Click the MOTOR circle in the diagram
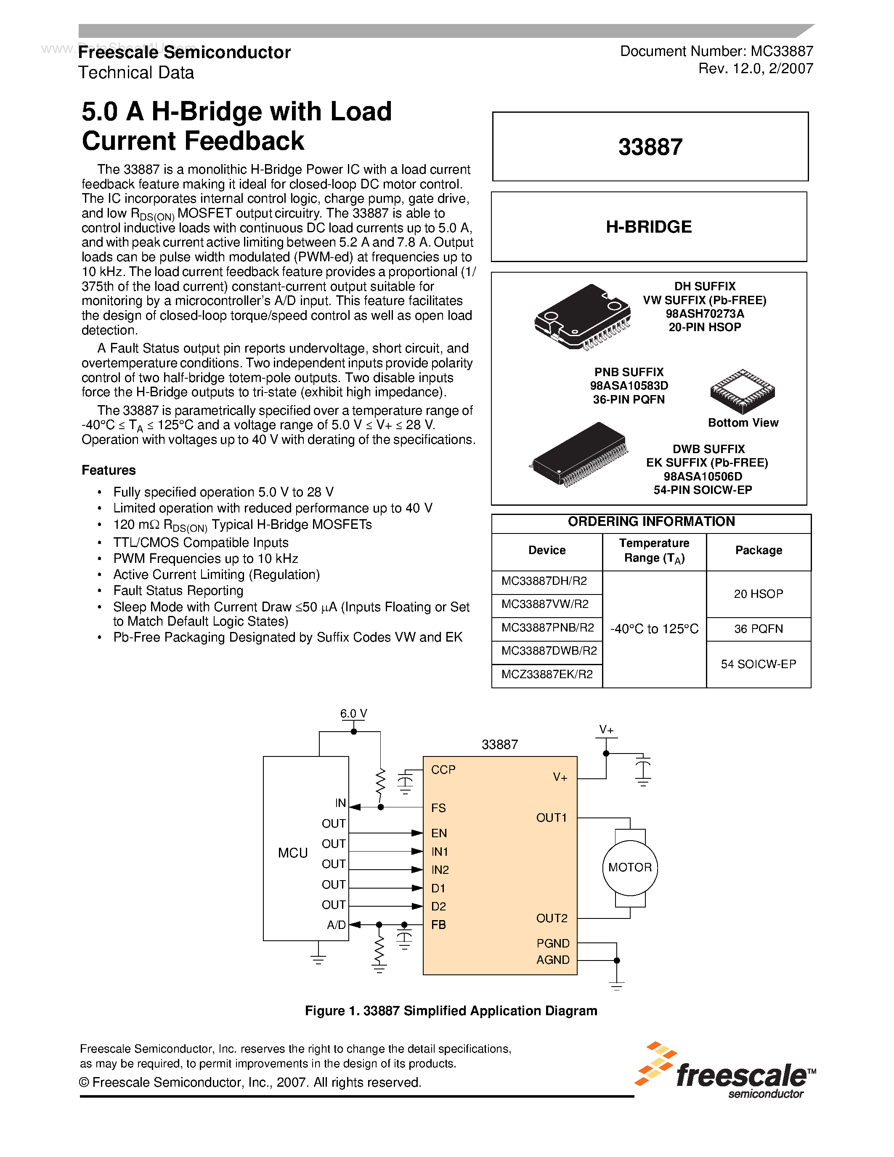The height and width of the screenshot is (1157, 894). pyautogui.click(x=630, y=867)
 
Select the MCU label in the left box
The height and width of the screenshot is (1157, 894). pyautogui.click(x=293, y=853)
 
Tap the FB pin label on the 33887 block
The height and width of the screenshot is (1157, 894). pyautogui.click(x=438, y=924)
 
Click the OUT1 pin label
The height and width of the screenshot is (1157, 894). pyautogui.click(x=552, y=817)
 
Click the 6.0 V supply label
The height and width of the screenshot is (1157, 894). pyautogui.click(x=353, y=714)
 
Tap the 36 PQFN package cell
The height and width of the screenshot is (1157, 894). pyautogui.click(x=759, y=629)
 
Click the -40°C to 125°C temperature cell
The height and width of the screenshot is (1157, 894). pyautogui.click(x=654, y=629)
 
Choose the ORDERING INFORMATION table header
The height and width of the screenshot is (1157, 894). pyautogui.click(x=651, y=522)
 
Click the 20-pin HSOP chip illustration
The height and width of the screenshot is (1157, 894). pyautogui.click(x=583, y=317)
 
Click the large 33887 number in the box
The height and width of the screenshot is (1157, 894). pyautogui.click(x=650, y=147)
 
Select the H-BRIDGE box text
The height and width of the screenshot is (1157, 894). pyautogui.click(x=649, y=227)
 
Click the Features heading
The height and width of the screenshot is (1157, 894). pyautogui.click(x=109, y=470)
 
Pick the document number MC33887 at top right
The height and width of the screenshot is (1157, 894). pyautogui.click(x=716, y=51)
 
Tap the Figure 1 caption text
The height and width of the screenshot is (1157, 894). pyautogui.click(x=451, y=1011)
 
